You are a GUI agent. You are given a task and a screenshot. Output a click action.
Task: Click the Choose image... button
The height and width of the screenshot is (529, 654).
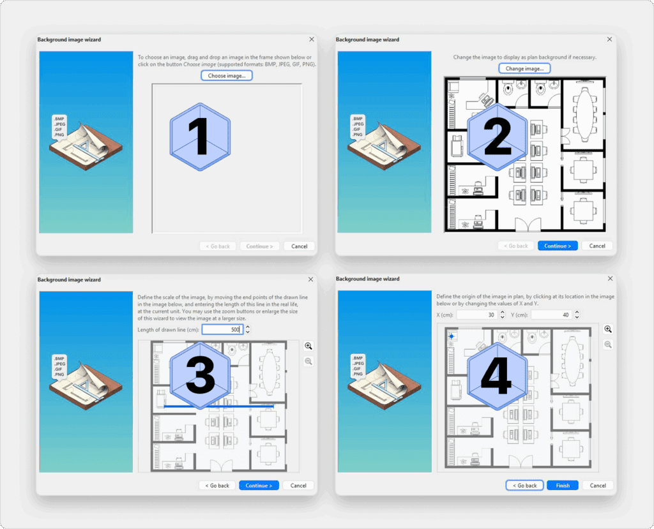(227, 75)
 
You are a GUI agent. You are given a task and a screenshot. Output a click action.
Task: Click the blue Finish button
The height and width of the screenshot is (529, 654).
(562, 485)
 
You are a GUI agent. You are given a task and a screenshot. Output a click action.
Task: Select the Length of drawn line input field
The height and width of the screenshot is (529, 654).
(222, 329)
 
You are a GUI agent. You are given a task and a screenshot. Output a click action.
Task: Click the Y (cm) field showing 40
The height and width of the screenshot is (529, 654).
(551, 315)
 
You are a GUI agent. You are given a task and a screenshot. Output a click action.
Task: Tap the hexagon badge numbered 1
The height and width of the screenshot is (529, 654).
(200, 137)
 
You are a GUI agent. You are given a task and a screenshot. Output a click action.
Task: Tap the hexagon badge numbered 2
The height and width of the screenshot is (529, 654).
(497, 137)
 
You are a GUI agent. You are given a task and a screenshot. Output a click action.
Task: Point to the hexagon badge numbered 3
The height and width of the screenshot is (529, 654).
(200, 376)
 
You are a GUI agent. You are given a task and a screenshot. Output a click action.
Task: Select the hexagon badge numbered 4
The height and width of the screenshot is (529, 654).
(497, 376)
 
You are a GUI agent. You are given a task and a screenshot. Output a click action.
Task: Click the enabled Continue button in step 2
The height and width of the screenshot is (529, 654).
(557, 246)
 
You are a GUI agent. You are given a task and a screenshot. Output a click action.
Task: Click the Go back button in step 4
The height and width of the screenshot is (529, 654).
(525, 485)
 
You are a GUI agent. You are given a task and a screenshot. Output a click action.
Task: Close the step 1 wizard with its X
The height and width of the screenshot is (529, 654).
(312, 39)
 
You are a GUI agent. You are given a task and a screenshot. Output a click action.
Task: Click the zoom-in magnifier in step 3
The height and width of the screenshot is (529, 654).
(308, 346)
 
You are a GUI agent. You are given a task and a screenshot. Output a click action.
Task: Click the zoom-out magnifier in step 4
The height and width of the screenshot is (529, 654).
(608, 345)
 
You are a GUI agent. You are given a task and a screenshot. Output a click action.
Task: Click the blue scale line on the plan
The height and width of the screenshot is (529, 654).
(219, 406)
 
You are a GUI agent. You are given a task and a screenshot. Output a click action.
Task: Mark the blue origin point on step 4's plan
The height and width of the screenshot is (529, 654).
(452, 336)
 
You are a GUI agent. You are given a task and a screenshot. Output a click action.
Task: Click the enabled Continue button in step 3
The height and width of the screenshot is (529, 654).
(259, 485)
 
